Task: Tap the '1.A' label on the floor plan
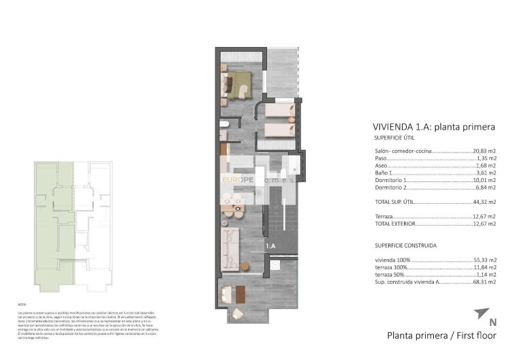(270, 246)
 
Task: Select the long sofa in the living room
(232, 248)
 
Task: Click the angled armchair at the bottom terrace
(236, 313)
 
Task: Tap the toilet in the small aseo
(224, 125)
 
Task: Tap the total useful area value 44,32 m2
(484, 202)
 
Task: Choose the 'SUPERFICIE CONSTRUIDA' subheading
(405, 245)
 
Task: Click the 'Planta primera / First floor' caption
(441, 335)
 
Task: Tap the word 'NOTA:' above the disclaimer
(22, 305)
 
